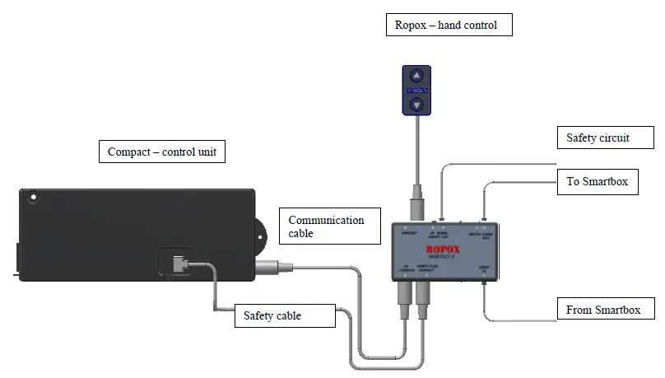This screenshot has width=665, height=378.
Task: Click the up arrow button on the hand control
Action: coord(416,76)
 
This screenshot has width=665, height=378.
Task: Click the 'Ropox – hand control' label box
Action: coord(449,25)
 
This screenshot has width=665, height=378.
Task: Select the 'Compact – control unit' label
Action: coord(162,152)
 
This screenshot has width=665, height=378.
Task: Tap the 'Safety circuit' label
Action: coord(598,138)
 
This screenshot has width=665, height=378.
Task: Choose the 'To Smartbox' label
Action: coord(597,181)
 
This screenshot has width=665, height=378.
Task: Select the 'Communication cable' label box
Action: coord(326,226)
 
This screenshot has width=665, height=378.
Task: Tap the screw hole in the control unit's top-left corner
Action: coord(32,198)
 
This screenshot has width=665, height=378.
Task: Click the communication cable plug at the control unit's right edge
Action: coord(272,266)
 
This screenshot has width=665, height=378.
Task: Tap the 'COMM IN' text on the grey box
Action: coord(483,267)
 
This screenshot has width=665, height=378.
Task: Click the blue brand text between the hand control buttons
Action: coord(416,90)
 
